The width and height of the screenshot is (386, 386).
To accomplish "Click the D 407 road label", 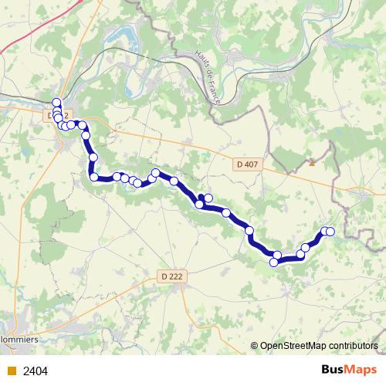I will tap(246, 164).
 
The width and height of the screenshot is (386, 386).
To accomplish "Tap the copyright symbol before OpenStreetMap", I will tap(254, 347).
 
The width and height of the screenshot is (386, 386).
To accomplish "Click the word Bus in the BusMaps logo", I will tap(333, 370).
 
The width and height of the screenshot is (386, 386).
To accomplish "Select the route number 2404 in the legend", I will tap(36, 371).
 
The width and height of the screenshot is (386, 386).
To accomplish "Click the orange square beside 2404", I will tap(11, 371).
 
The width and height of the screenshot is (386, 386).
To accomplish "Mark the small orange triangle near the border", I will tap(312, 163).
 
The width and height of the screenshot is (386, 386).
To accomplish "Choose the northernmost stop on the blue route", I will tap(56, 103).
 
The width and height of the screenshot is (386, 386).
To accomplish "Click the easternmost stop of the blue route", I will tap(330, 232).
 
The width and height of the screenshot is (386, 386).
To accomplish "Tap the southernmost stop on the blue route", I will tap(273, 262).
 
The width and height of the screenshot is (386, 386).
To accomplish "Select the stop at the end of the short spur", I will tap(208, 198).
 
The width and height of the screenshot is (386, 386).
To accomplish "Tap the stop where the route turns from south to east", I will tap(94, 178).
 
